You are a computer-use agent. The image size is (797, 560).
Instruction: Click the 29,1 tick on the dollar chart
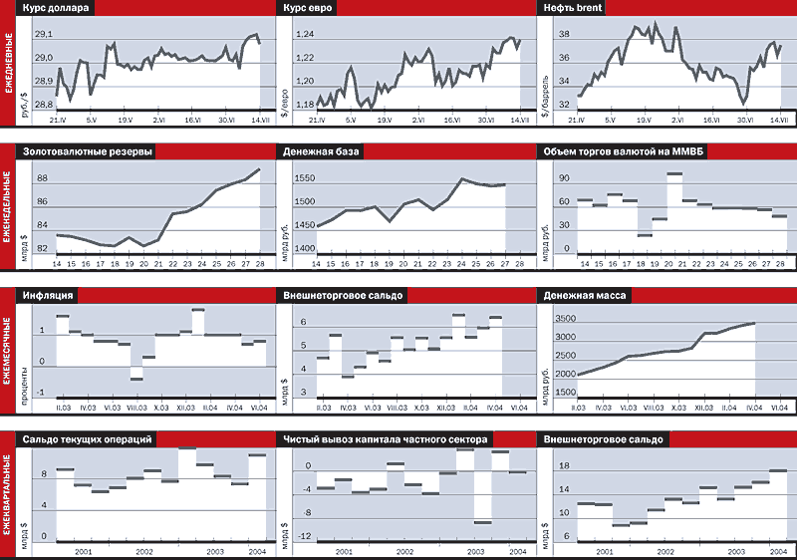tap(44, 35)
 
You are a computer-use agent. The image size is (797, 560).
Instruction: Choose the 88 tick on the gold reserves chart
tap(42, 178)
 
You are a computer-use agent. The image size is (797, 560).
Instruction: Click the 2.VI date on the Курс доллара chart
tap(159, 121)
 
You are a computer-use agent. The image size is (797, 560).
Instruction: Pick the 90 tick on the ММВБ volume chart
tap(563, 178)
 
